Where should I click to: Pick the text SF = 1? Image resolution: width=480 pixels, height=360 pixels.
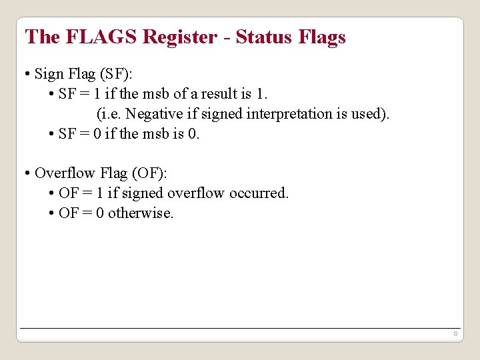coord(80,94)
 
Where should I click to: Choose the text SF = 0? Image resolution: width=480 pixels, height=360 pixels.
coord(80,134)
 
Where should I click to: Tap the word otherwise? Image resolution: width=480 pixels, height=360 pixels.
coord(141,213)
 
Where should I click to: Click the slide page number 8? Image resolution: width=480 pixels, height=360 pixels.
coord(454,333)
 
